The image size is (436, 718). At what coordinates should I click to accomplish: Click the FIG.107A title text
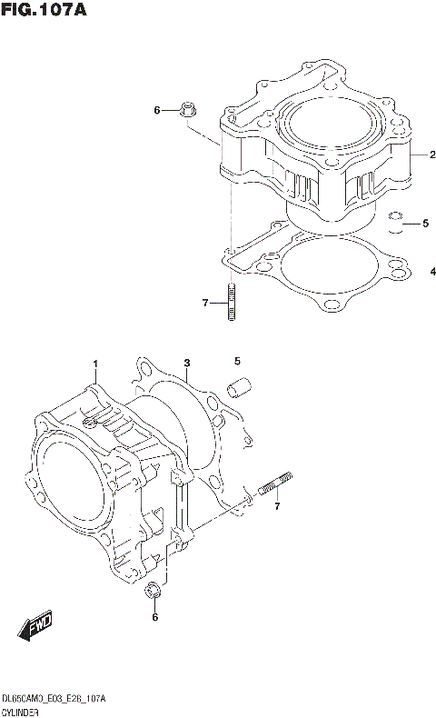click(x=45, y=12)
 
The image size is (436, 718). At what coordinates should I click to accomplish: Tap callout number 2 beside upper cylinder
click(x=421, y=155)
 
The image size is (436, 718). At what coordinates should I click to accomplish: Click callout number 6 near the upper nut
click(x=156, y=111)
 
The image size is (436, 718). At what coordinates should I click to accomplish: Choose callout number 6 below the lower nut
click(x=154, y=618)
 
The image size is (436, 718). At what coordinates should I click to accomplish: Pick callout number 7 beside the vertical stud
click(x=206, y=302)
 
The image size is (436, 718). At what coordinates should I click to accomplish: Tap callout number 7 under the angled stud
click(x=277, y=505)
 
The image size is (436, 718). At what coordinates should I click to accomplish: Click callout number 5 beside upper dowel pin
click(x=423, y=223)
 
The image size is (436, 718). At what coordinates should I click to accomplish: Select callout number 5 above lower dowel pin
click(x=237, y=361)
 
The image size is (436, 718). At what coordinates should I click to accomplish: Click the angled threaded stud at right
click(x=275, y=485)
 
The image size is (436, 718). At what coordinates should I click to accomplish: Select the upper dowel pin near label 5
click(x=394, y=223)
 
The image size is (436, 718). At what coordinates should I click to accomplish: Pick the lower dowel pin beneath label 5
click(x=239, y=389)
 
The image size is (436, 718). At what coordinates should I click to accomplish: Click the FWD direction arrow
click(x=35, y=626)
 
